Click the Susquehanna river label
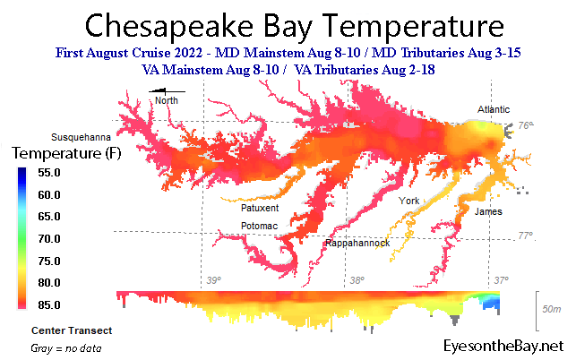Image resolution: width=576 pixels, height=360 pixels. tap(81, 137)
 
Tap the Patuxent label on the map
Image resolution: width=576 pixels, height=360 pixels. tap(260, 208)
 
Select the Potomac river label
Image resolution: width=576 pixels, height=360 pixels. tap(259, 226)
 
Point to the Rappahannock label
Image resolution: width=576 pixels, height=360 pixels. tap(357, 244)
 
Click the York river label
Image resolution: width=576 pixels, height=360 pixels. tap(408, 201)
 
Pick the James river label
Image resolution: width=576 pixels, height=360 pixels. tap(488, 211)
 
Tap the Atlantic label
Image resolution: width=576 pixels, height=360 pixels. tap(494, 109)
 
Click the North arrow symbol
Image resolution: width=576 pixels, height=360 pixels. tap(167, 90)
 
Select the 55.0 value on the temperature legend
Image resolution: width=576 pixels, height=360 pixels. tap(49, 173)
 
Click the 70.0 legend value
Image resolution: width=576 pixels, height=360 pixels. tap(49, 239)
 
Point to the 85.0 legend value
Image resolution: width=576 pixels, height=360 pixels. tap(49, 304)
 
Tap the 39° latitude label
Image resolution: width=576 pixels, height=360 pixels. tap(214, 280)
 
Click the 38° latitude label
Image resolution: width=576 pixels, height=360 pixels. tap(357, 280)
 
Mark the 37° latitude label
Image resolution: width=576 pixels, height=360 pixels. tap(501, 280)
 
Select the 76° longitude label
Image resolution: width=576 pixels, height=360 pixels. tap(526, 125)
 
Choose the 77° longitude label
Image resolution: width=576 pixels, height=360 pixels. tap(526, 236)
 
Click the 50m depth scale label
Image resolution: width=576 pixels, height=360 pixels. tap(552, 309)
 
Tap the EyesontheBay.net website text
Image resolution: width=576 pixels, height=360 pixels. tap(503, 346)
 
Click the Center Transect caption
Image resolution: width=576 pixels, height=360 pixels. tap(72, 330)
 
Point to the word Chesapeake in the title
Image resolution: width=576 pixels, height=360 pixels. tap(169, 27)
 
